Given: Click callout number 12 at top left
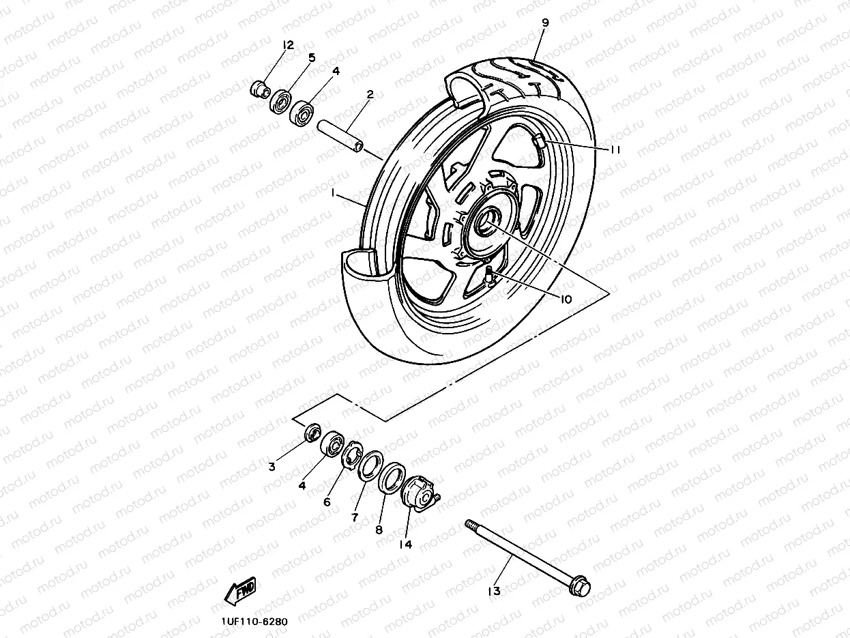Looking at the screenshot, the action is (x=288, y=45).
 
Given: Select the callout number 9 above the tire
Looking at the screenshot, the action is (x=545, y=22).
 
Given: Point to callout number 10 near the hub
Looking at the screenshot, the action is (x=566, y=299).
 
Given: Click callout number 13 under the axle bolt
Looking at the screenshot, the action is (x=495, y=591).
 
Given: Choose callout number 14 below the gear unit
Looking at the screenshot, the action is (x=407, y=545).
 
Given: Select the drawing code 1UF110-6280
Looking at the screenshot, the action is (x=254, y=622).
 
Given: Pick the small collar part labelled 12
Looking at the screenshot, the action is (x=259, y=88).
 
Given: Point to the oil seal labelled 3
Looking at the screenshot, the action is (x=312, y=433).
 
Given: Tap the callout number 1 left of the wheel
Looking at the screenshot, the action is (x=334, y=194).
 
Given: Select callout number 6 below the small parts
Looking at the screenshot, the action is (x=327, y=502).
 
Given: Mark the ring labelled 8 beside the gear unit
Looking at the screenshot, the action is (x=392, y=477).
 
